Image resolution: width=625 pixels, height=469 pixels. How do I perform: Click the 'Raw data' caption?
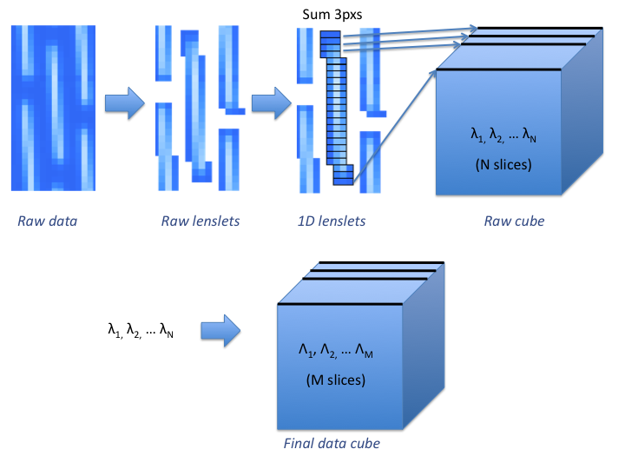point(48,221)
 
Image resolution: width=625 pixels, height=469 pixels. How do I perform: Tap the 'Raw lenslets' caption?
point(201,221)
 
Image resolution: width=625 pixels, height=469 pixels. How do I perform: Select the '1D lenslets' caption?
point(331,221)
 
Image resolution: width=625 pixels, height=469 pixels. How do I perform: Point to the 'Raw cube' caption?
point(514,221)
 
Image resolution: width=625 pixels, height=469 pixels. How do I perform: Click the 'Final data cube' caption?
point(332,444)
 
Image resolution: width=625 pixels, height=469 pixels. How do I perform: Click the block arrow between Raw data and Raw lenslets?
point(122,104)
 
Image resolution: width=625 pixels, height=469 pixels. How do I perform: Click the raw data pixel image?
point(53,108)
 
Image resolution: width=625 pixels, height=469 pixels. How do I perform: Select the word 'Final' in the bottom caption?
point(300,444)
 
